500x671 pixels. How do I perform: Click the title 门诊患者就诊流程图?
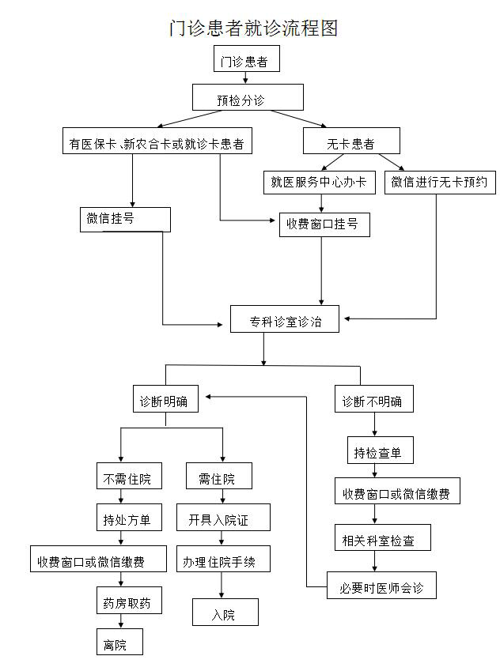[254, 28]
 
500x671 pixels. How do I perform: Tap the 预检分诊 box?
[248, 99]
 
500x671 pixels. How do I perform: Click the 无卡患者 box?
[351, 142]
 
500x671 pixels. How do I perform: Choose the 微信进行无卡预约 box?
[440, 183]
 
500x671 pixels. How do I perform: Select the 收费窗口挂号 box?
[323, 224]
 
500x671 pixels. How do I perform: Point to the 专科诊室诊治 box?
[285, 321]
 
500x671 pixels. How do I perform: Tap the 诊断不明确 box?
[372, 401]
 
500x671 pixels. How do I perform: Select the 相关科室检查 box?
[383, 540]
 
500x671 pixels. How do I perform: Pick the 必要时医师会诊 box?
[381, 588]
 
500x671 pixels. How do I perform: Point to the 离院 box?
[120, 644]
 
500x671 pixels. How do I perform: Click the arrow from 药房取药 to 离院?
[120, 624]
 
